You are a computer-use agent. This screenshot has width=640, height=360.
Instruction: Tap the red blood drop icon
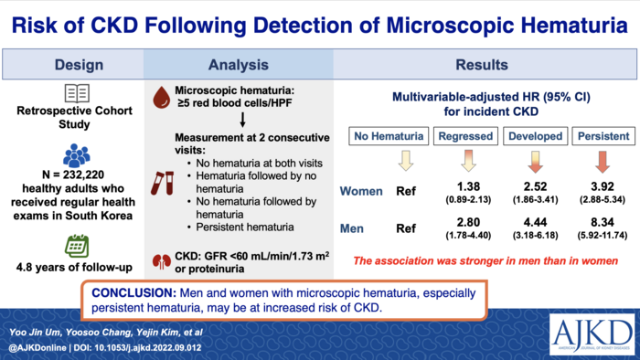(x=164, y=99)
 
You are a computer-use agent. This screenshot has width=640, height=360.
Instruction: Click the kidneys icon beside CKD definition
(x=164, y=259)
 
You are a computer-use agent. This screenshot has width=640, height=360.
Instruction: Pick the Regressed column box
(x=466, y=136)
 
